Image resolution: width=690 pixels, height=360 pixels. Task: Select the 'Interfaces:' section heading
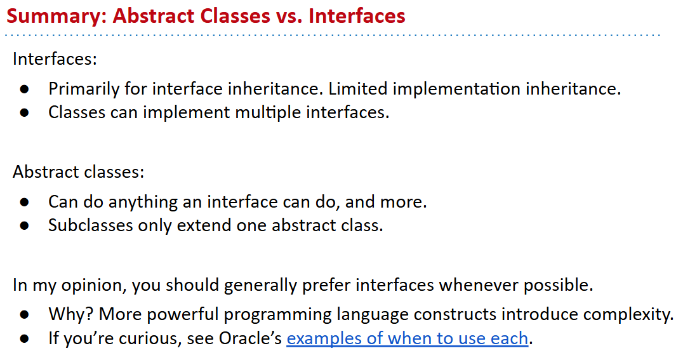55,58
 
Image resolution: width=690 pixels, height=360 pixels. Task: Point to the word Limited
358,88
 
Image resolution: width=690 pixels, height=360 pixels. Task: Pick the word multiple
268,112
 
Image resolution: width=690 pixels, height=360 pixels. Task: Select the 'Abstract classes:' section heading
78,171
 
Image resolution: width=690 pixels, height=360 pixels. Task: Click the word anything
143,203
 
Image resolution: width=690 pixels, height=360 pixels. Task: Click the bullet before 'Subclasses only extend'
24,226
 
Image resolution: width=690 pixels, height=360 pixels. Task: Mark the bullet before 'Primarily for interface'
24,90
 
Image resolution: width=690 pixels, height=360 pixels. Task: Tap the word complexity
628,315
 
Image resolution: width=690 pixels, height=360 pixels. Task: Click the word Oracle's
250,338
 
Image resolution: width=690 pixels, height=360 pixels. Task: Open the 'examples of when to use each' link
407,338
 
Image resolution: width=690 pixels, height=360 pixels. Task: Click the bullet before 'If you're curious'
24,339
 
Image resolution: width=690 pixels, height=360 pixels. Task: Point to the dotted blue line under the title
333,35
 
